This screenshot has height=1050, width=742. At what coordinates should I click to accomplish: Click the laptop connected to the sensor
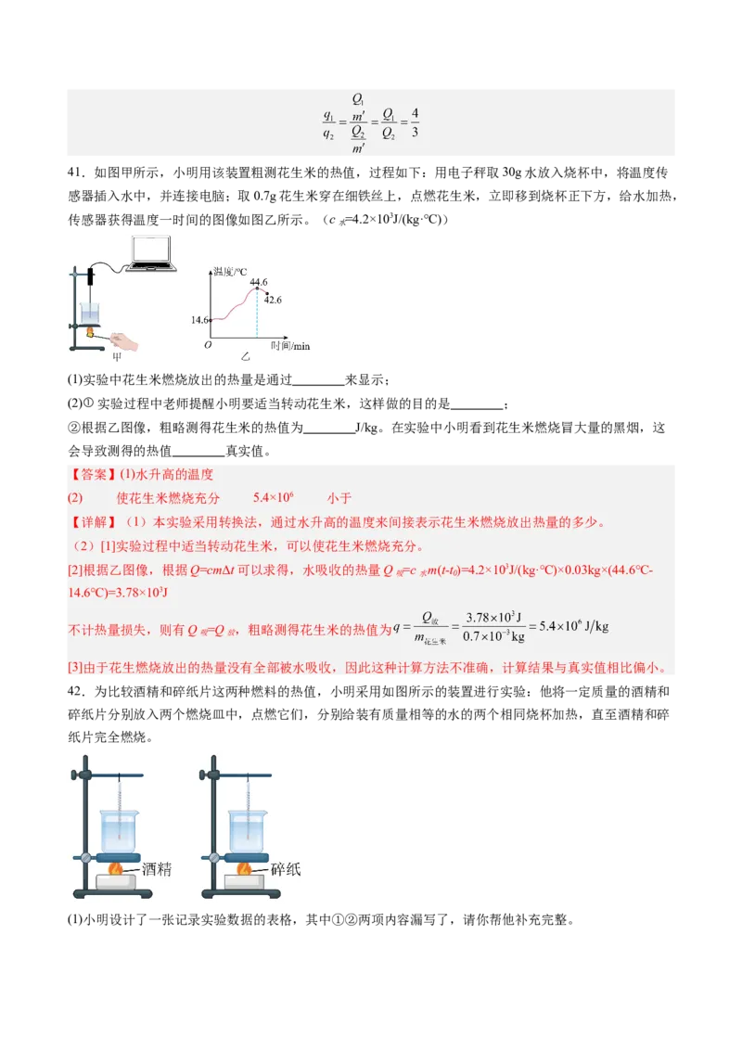153,252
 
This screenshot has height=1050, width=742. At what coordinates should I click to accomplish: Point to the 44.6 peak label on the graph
259,282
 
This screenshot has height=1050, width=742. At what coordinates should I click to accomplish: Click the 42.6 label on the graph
273,300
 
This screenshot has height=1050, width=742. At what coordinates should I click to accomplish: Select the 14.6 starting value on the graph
199,320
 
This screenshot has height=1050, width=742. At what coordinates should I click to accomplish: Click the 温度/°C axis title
229,271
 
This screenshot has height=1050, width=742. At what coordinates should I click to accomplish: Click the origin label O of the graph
208,345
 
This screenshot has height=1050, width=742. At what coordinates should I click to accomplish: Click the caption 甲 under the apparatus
117,356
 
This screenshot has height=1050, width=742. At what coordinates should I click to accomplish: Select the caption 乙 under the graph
245,356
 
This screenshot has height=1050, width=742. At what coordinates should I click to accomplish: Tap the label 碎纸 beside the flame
286,870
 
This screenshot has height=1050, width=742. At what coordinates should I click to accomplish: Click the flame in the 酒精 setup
117,869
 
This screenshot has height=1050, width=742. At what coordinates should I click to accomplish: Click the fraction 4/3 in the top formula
415,123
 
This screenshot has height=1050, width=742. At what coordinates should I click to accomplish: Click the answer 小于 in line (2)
339,498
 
